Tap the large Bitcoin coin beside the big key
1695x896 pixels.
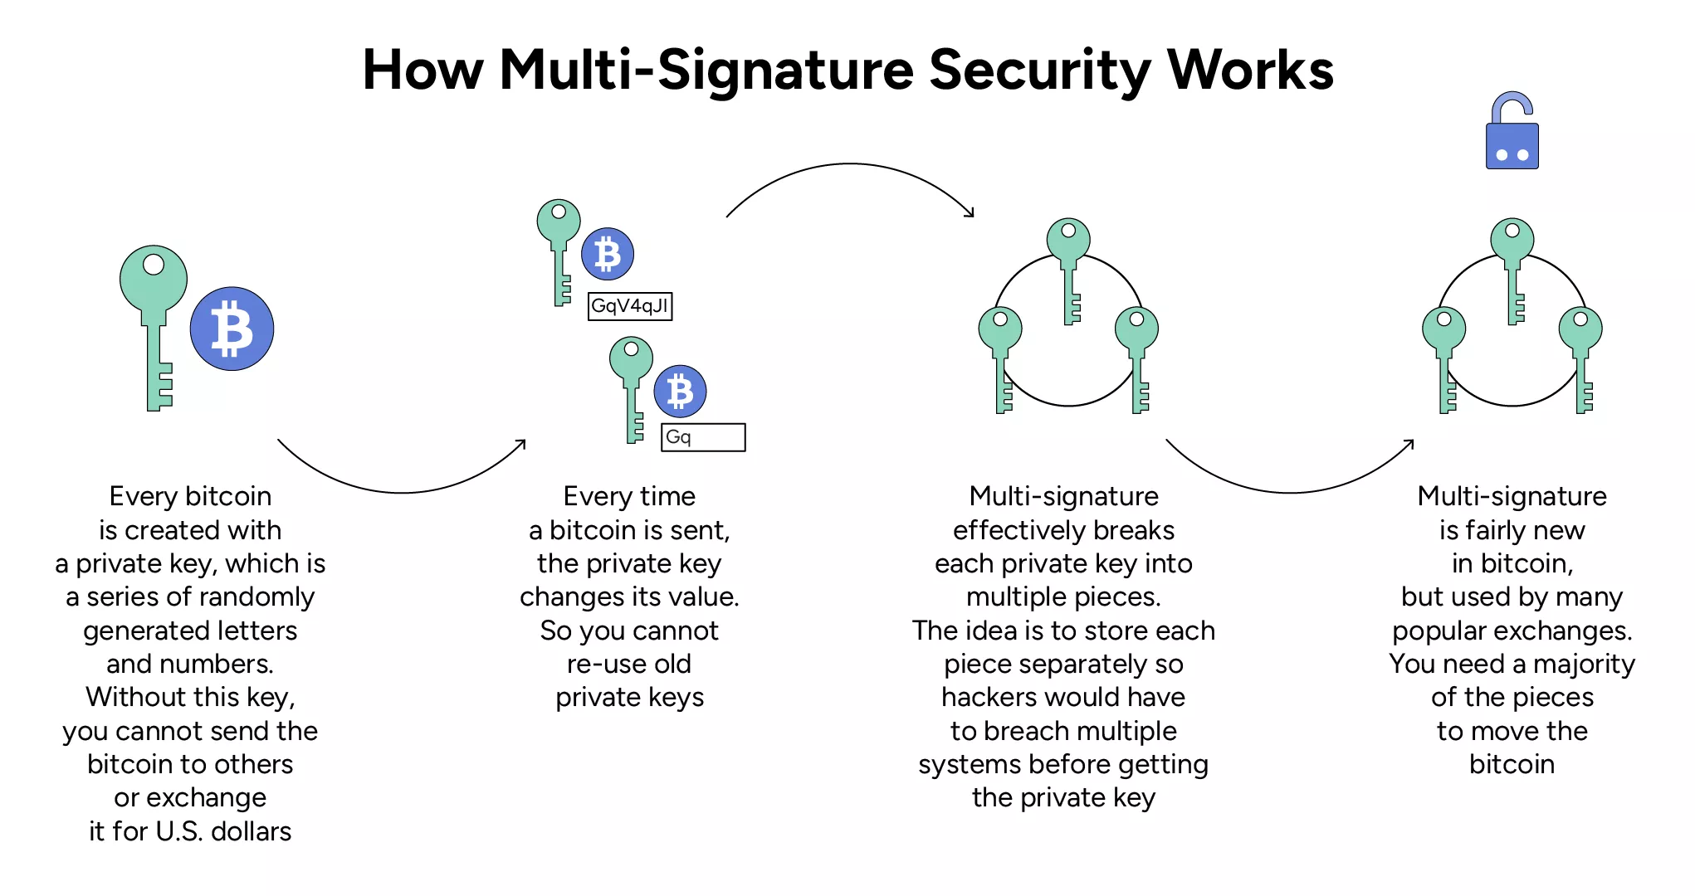(232, 329)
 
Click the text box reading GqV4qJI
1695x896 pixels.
(630, 306)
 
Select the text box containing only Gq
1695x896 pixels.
(703, 437)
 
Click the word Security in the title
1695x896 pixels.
(1039, 70)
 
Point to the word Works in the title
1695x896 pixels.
(1250, 70)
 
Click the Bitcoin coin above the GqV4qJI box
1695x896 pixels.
(608, 254)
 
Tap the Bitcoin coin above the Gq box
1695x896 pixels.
(680, 391)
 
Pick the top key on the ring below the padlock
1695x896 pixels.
(1512, 249)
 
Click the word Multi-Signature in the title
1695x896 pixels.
(706, 70)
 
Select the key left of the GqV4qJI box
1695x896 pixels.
(559, 249)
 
